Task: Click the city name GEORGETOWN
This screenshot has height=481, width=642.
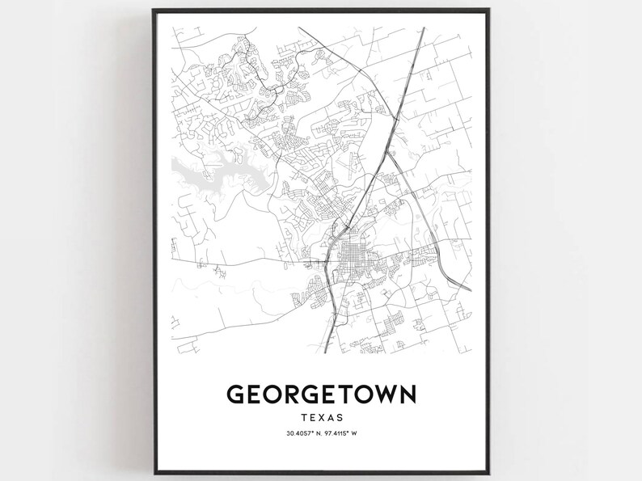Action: point(321,394)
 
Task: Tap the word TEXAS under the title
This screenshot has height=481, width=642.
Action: point(321,418)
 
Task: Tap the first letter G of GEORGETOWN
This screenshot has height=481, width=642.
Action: point(237,394)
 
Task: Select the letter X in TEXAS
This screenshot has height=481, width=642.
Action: point(321,418)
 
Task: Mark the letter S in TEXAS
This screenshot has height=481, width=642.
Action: point(340,418)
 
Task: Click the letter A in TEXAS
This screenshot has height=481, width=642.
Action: point(330,418)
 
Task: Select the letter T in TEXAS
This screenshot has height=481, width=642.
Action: point(303,418)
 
